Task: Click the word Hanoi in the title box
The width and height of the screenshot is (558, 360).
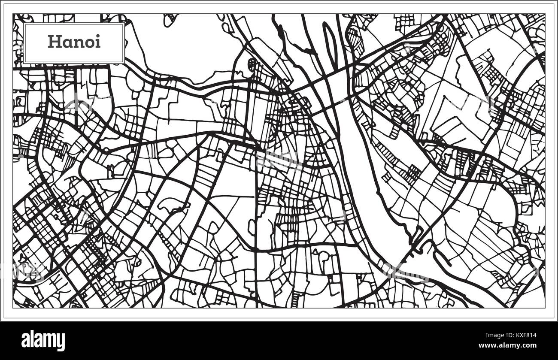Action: click(74, 42)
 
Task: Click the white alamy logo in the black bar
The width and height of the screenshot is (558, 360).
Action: click(43, 341)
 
